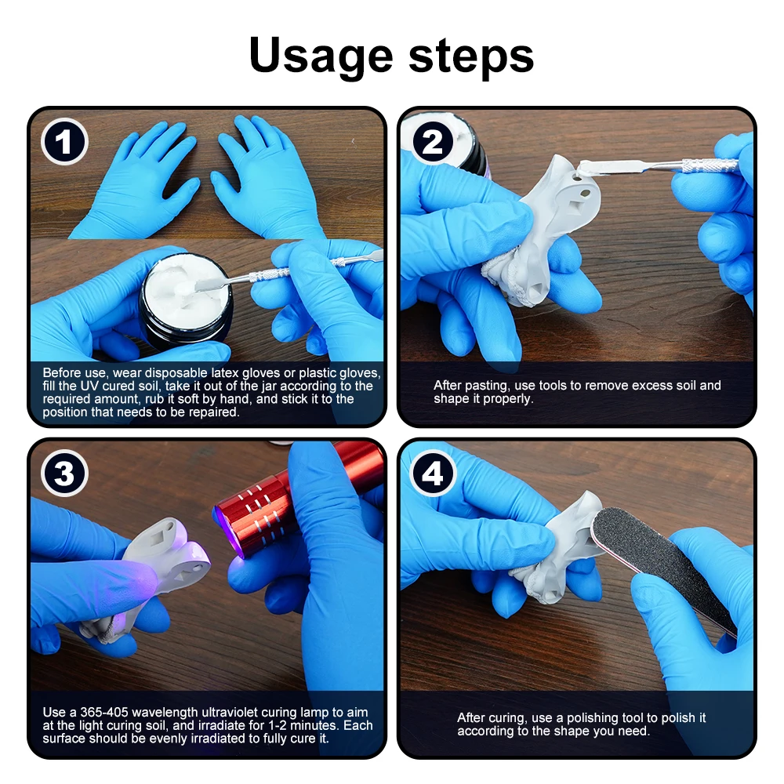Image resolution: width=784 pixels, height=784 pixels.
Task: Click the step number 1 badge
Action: pos(64,142)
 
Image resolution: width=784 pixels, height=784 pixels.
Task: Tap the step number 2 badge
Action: pos(434,142)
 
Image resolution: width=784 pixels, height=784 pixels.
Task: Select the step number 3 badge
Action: pos(64,474)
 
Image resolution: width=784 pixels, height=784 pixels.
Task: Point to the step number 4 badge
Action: pos(434,474)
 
